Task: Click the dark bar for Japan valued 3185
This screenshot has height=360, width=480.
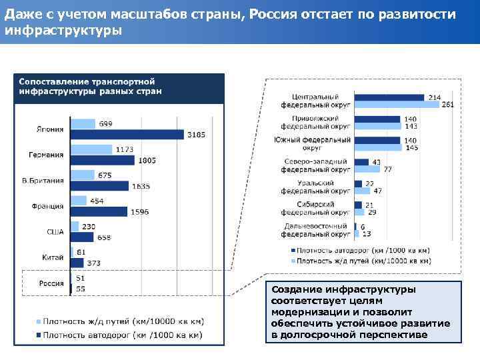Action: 127,135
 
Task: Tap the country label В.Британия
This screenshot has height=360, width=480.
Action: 43,180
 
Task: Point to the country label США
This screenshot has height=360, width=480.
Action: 55,231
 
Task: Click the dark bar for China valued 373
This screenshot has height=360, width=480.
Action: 77,263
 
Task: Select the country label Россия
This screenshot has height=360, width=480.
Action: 51,283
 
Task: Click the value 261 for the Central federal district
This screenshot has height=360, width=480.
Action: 449,105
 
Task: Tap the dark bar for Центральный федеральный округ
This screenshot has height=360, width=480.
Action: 389,97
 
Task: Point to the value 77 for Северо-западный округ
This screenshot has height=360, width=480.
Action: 387,169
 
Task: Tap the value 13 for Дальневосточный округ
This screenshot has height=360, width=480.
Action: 367,233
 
